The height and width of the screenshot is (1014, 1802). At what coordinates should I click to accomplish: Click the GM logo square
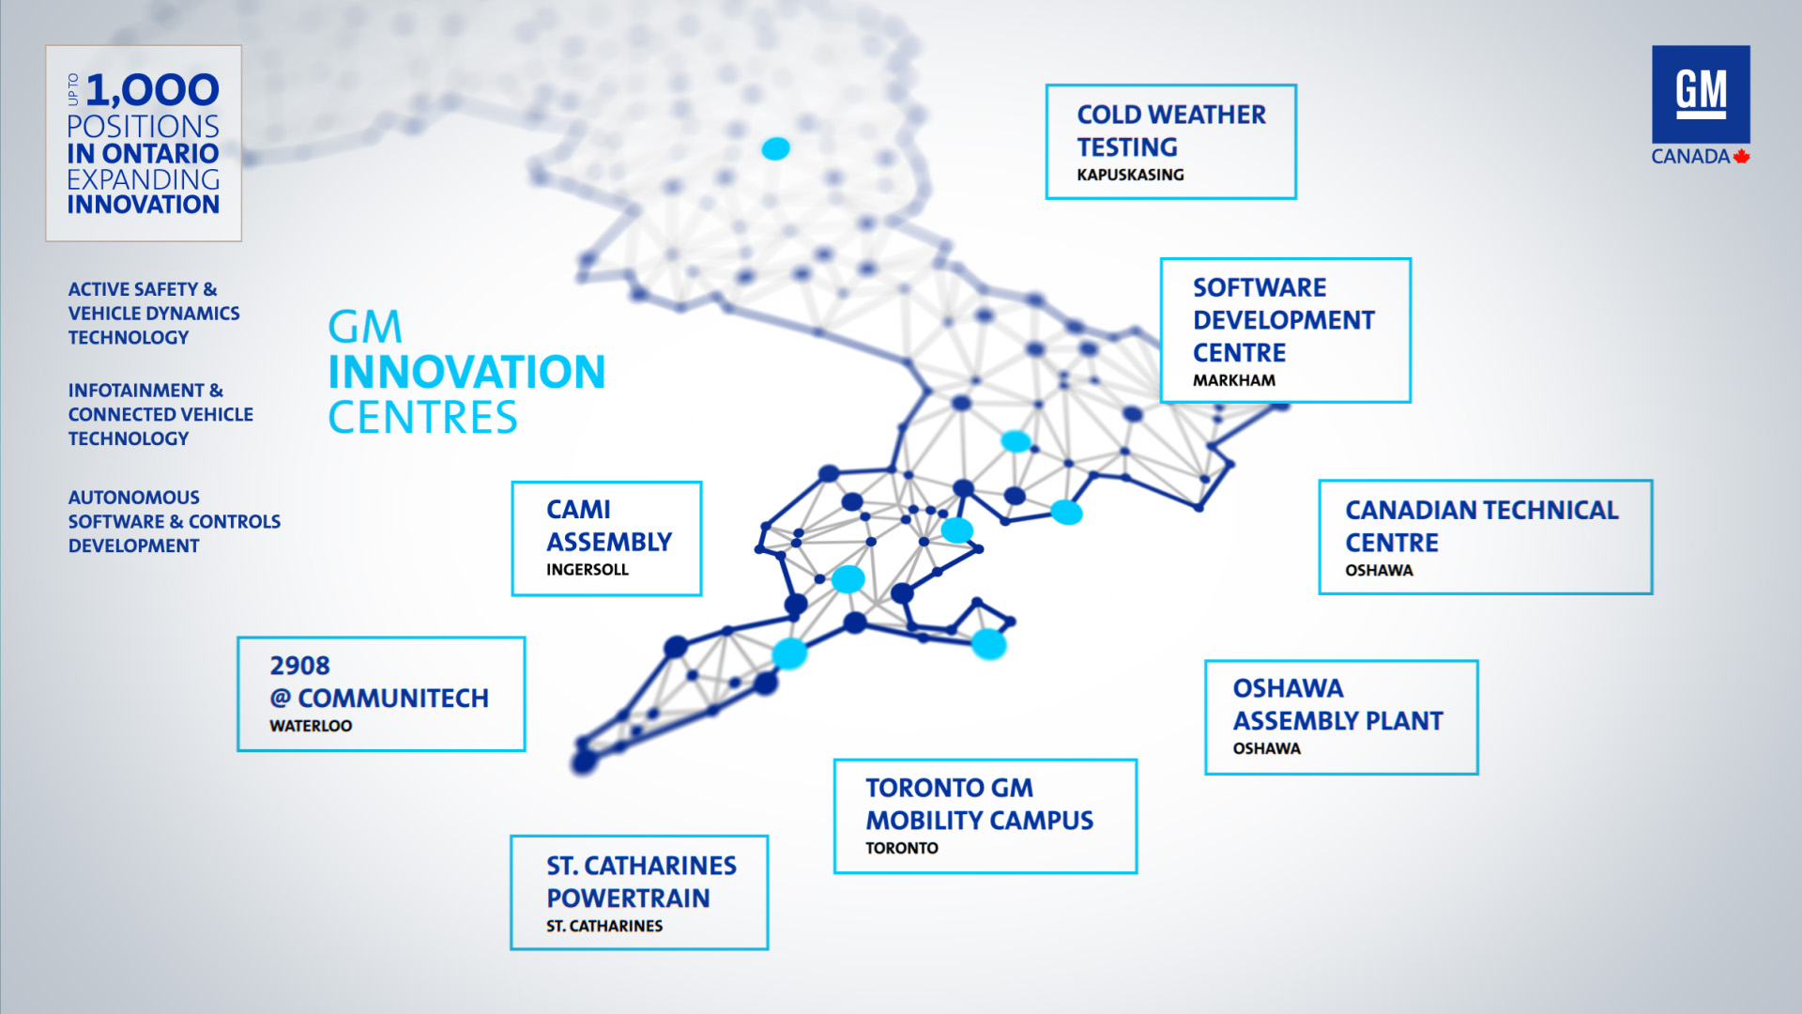(1701, 94)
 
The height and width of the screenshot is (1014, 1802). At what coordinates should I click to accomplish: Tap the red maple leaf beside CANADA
(1742, 156)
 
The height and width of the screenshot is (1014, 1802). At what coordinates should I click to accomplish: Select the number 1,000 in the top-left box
(153, 90)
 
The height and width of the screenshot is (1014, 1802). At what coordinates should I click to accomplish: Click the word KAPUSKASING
(1130, 175)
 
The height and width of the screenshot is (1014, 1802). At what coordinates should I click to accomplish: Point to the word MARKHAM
(1234, 380)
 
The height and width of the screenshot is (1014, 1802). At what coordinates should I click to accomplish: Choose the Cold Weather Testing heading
(1171, 131)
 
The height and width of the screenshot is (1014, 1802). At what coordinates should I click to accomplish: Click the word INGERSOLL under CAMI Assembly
(588, 570)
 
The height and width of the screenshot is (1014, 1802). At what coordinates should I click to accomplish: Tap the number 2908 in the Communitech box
(299, 666)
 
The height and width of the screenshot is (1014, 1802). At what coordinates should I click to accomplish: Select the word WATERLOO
(311, 726)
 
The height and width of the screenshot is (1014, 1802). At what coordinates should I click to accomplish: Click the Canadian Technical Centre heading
(1482, 526)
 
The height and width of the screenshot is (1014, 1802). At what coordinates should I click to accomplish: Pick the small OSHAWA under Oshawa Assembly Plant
(1267, 748)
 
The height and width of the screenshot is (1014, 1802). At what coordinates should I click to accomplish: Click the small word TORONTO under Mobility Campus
(902, 848)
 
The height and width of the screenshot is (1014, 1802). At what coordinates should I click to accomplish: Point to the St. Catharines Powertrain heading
(642, 882)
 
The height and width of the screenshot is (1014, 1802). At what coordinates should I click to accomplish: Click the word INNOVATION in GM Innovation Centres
(466, 372)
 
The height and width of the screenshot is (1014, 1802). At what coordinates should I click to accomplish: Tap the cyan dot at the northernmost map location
(775, 148)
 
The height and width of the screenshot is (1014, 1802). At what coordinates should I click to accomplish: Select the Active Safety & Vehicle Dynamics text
(154, 314)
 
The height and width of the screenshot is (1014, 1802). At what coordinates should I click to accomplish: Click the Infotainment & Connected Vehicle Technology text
(160, 414)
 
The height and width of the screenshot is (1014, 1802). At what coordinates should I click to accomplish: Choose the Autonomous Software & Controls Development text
(175, 521)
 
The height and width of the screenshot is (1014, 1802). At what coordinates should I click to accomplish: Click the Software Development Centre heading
(1283, 320)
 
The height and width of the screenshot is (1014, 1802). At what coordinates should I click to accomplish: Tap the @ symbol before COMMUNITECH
(281, 699)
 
